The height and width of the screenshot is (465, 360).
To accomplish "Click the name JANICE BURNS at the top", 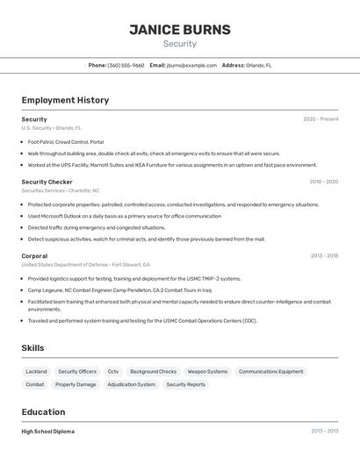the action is (x=180, y=30).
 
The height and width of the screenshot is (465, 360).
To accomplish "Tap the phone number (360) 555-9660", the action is (x=126, y=65).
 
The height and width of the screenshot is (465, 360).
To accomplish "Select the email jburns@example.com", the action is (x=191, y=65).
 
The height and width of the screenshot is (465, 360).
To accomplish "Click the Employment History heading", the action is (x=65, y=100).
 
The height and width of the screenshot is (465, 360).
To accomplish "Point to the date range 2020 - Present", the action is (x=320, y=119).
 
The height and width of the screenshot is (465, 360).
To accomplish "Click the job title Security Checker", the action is (x=47, y=182).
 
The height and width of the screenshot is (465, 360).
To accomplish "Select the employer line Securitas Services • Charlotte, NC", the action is (x=61, y=190).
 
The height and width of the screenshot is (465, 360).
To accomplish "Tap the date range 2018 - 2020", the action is (x=323, y=182).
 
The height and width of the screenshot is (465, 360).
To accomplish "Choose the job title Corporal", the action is (x=35, y=256).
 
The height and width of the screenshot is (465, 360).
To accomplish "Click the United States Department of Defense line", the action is (x=85, y=264).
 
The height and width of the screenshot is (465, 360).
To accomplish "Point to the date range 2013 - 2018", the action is (x=324, y=256).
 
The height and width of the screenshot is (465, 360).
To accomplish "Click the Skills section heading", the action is (x=32, y=348).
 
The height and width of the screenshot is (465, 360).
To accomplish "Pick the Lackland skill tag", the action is (x=37, y=371).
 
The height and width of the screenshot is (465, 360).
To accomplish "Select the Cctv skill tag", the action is (x=113, y=371).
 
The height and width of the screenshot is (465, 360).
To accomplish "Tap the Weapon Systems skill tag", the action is (x=207, y=371).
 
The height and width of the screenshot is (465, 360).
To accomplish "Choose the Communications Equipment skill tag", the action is (x=270, y=371).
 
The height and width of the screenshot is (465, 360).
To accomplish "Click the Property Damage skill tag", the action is (x=76, y=384).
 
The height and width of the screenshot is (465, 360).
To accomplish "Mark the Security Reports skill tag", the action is (x=185, y=384).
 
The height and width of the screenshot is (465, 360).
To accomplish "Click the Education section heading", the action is (x=43, y=411).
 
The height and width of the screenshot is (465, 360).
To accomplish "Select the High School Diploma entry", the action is (x=47, y=432).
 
